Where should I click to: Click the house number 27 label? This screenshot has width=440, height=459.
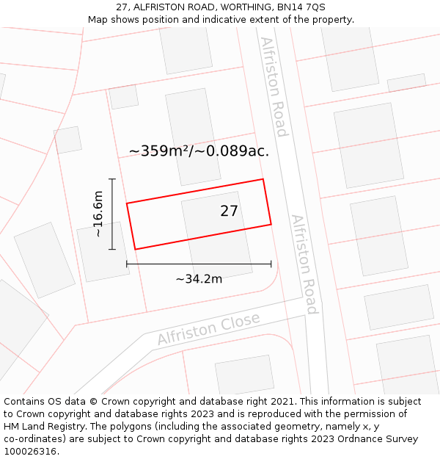click(x=229, y=212)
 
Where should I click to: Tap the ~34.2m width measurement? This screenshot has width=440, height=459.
click(x=199, y=278)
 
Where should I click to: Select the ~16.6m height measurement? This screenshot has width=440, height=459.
click(x=98, y=214)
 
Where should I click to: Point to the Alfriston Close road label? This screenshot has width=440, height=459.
click(x=209, y=330)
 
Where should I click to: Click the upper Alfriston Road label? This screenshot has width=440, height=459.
click(x=273, y=87)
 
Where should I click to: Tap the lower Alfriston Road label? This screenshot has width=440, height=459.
click(x=304, y=264)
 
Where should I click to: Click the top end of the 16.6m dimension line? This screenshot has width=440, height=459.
click(x=112, y=178)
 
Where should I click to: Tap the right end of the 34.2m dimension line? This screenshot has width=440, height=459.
click(x=271, y=264)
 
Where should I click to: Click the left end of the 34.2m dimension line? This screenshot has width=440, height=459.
click(x=127, y=264)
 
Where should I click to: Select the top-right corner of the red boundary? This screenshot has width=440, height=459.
click(x=263, y=179)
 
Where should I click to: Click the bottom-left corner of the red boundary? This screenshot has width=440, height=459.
click(x=135, y=249)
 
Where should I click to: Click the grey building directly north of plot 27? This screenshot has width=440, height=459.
click(x=193, y=137)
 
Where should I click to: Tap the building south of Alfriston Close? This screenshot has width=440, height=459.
click(x=244, y=375)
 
